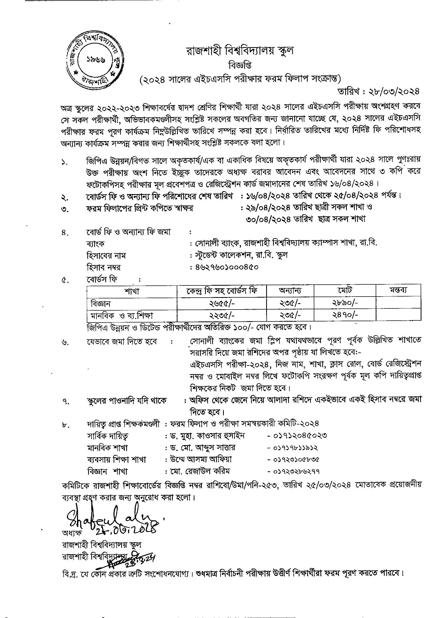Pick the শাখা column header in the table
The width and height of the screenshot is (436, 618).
click(x=131, y=291)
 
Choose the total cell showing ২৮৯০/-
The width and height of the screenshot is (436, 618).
click(x=345, y=303)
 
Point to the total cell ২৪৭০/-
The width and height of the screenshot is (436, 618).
click(x=345, y=315)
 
